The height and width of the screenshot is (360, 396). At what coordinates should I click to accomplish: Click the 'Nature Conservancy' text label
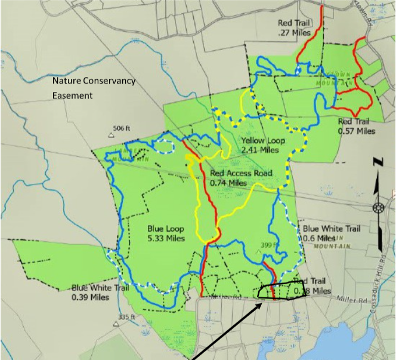94,81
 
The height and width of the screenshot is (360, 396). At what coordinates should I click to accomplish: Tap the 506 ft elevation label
122,128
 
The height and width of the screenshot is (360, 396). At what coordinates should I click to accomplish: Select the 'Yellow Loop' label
263,141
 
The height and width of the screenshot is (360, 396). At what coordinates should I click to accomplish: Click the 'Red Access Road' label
241,174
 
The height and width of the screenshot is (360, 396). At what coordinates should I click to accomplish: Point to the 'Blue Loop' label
166,229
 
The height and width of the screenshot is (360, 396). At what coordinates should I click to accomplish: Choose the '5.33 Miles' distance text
166,238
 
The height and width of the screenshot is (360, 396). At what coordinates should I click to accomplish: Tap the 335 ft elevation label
128,316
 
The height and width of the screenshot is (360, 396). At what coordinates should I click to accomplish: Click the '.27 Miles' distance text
292,32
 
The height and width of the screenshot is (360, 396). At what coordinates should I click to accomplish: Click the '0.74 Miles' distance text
228,183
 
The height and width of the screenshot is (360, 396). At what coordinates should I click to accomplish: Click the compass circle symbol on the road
378,207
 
